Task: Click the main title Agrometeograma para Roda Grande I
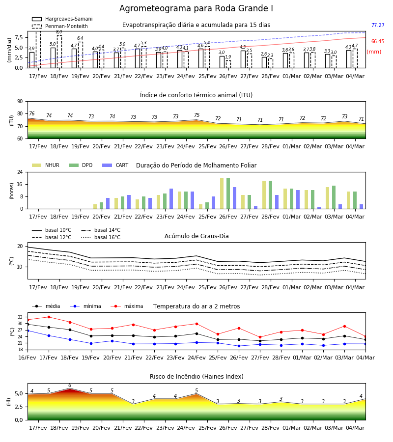[x=196, y=8]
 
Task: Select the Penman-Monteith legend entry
[x=60, y=26]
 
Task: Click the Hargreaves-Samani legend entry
[x=62, y=19]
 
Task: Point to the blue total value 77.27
[x=378, y=25]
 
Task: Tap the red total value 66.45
[x=378, y=41]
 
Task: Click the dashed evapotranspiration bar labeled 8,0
[x=59, y=52]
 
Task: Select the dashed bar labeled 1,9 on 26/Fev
[x=228, y=64]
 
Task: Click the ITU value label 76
[x=31, y=113]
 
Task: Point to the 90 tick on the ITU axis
[x=20, y=102]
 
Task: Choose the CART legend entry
[x=115, y=165]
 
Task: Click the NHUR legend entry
[x=46, y=165]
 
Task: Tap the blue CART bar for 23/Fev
[x=171, y=199]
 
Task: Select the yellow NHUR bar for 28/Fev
[x=264, y=195]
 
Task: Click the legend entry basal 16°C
[x=101, y=237]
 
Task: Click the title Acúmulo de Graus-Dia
[x=196, y=236]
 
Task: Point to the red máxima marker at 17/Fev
[x=49, y=317]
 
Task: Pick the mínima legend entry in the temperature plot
[x=85, y=306]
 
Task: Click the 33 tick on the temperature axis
[x=20, y=317]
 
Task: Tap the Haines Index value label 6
[x=70, y=386]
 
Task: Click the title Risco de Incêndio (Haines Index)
[x=196, y=376]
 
